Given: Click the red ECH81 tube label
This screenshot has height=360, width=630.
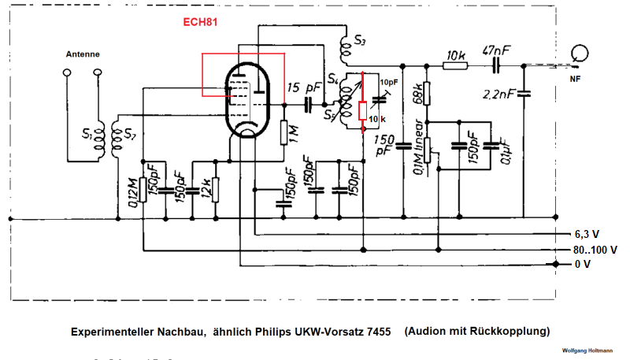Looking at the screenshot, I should point(196,24).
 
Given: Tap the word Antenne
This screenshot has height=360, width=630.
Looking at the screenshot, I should point(82,54).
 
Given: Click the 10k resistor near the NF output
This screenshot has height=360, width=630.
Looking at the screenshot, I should point(455,66).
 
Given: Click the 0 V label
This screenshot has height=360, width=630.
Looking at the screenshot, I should point(582,265).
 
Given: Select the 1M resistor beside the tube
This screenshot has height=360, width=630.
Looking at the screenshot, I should point(283,132).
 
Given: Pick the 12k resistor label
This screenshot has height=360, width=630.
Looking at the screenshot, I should point(203,189).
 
